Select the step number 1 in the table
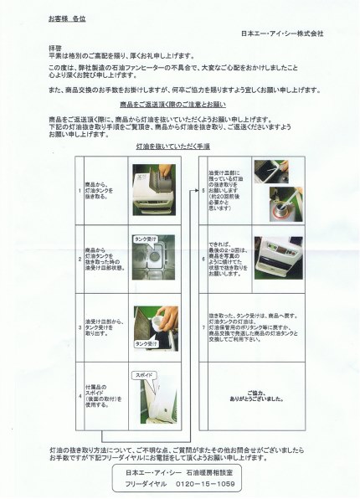pyautogui.click(x=80, y=190)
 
